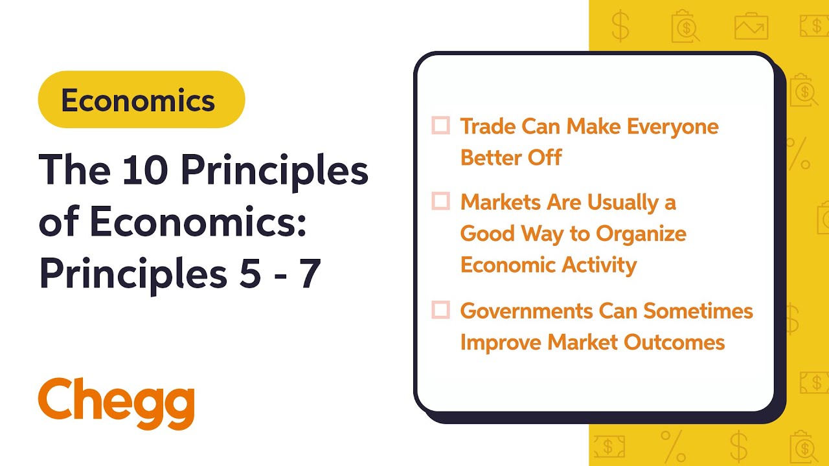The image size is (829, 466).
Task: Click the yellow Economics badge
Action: point(141,100)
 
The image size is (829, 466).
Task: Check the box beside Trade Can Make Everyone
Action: point(440,126)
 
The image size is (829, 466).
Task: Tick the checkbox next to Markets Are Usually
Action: point(440,202)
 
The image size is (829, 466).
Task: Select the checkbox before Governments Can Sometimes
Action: point(440,311)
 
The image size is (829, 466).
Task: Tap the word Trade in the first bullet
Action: point(488,126)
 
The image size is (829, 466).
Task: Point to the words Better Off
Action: point(510,157)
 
